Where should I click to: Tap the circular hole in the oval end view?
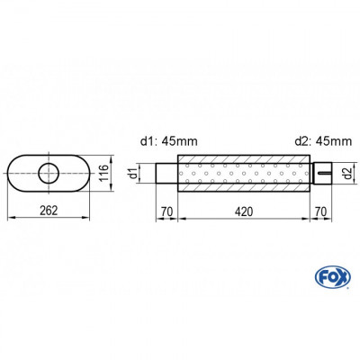pos(49,170)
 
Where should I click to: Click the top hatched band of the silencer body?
pos(246,159)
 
